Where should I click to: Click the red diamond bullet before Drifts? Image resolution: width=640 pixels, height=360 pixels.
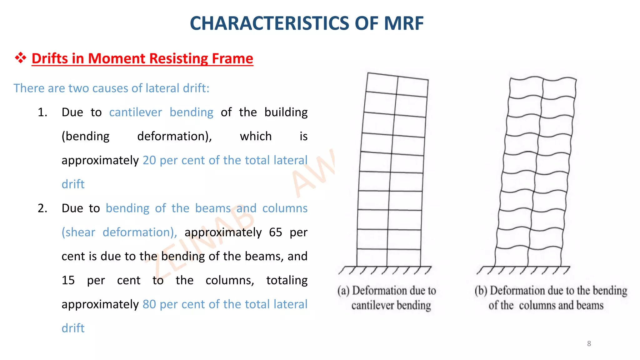click(21, 58)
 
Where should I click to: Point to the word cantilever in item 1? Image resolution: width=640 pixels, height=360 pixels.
click(136, 112)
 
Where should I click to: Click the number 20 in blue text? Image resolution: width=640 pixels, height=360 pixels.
click(149, 160)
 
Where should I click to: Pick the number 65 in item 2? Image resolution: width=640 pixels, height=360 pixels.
click(275, 232)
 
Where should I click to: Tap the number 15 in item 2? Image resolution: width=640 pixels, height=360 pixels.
click(68, 280)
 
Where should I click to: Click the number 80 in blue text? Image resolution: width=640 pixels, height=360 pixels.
click(149, 304)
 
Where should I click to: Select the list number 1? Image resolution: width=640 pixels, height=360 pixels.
click(42, 112)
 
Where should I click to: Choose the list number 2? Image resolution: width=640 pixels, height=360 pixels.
click(42, 208)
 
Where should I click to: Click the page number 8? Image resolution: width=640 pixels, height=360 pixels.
click(589, 344)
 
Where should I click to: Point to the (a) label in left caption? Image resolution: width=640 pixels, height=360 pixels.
click(343, 291)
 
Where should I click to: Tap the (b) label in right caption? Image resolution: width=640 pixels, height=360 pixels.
click(481, 291)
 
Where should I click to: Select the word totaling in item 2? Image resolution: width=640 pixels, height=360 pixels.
click(287, 280)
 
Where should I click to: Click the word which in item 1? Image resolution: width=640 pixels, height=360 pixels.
click(256, 136)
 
